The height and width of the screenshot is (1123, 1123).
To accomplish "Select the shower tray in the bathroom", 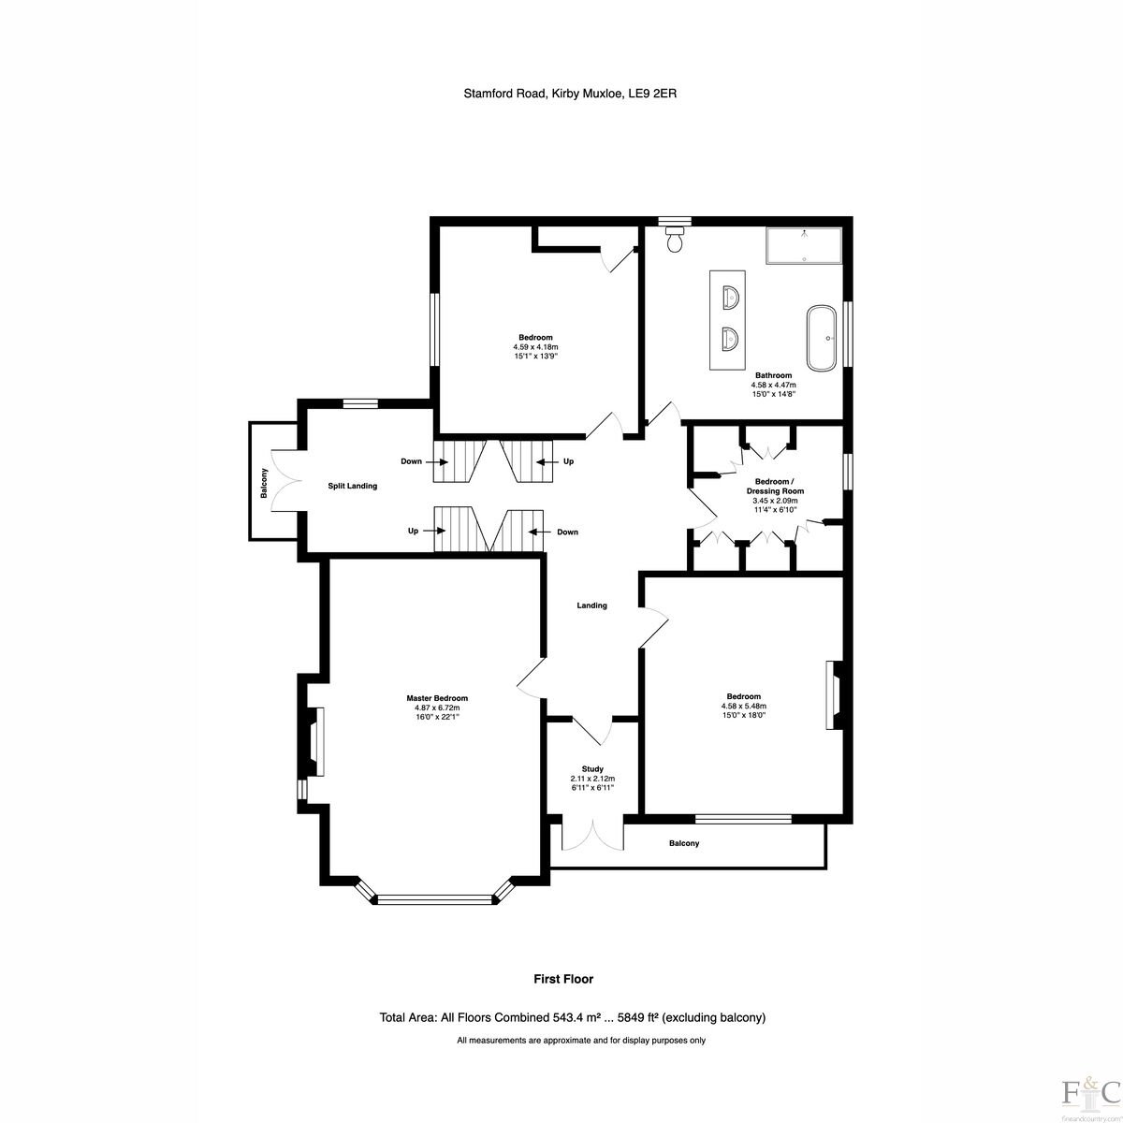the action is click(x=804, y=245).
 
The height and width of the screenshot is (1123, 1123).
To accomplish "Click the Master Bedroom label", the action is click(x=437, y=698).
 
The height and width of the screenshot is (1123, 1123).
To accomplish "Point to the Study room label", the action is click(x=592, y=768).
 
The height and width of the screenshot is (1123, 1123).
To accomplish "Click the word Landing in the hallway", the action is click(x=592, y=605).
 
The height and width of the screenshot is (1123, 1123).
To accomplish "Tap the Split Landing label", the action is click(x=353, y=486).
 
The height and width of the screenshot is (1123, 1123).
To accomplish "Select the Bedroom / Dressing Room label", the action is click(x=775, y=486).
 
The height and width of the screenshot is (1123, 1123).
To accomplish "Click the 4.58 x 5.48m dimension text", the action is click(x=744, y=706).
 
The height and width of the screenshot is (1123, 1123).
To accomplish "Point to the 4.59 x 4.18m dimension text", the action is click(x=535, y=347).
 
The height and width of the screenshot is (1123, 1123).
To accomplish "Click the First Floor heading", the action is click(x=563, y=979).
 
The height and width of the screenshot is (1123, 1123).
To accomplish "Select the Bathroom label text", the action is click(x=773, y=375).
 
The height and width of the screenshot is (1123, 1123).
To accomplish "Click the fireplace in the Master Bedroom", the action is click(x=314, y=742).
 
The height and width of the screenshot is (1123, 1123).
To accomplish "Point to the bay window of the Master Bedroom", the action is click(x=434, y=898).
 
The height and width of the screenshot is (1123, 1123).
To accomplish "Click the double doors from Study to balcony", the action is click(x=592, y=838).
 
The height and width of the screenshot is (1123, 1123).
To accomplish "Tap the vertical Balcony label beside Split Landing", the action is click(x=264, y=483).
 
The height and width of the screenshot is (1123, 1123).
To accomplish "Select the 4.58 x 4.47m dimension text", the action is click(x=773, y=385).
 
